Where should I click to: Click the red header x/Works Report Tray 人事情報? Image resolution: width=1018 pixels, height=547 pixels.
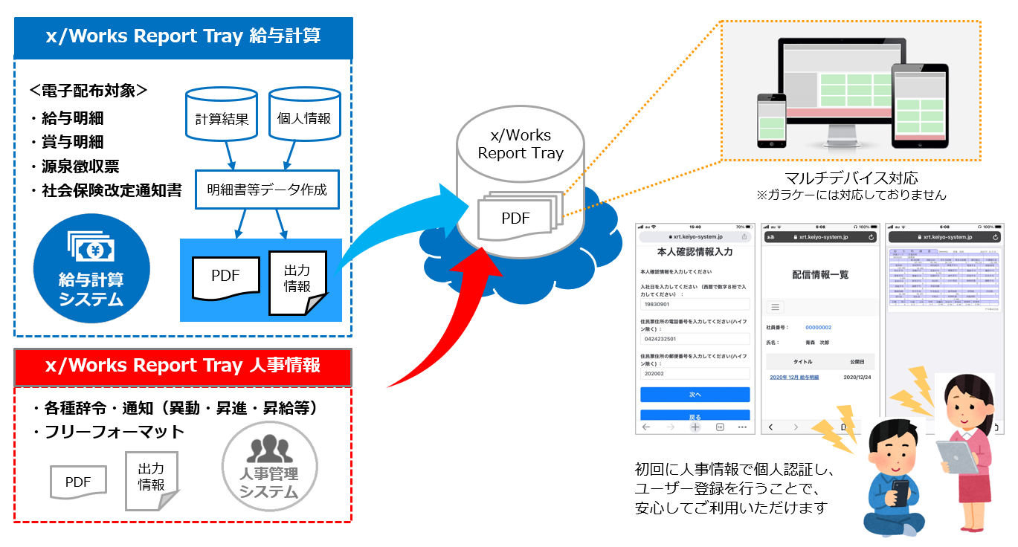(183, 366)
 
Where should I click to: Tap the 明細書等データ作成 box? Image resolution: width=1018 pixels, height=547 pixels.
(266, 190)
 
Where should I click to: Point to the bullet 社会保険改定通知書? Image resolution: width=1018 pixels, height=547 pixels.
(106, 190)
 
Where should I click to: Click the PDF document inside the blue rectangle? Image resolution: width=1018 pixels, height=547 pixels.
(225, 276)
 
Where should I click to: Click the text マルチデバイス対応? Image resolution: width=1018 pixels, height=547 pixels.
(851, 178)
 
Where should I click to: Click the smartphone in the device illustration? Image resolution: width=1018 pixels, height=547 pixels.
(770, 119)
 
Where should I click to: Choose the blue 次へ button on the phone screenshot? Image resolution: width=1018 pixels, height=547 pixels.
(695, 395)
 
